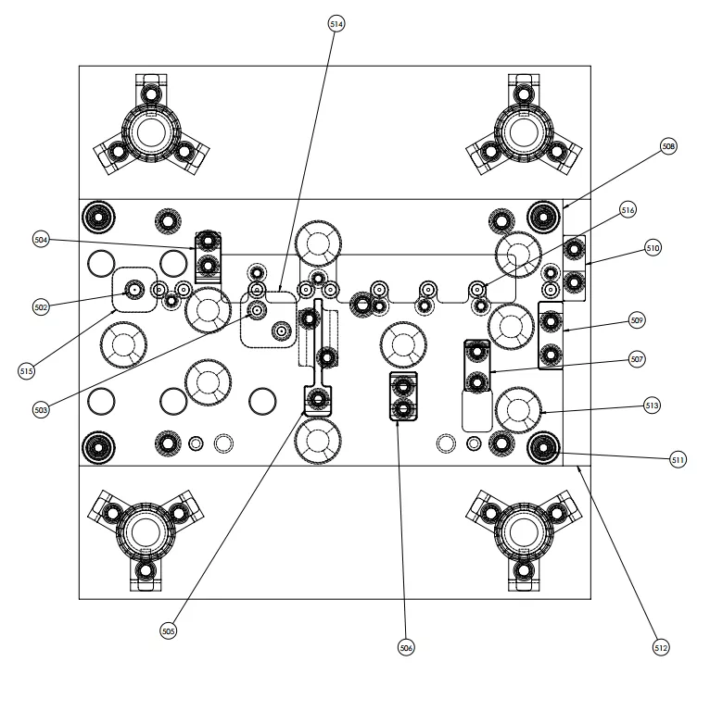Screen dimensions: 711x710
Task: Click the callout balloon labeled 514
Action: click(336, 24)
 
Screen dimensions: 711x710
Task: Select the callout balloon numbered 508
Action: click(668, 146)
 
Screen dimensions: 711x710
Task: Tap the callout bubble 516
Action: click(628, 211)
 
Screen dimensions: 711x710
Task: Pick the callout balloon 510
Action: click(653, 248)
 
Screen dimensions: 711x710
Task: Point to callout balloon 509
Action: click(637, 320)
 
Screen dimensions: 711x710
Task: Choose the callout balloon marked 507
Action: click(637, 358)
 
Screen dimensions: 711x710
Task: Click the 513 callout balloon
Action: click(652, 405)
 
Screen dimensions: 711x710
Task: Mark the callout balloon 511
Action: click(678, 459)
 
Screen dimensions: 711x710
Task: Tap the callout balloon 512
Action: click(660, 648)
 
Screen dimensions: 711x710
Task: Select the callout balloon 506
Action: click(406, 648)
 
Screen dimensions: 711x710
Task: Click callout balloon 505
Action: click(168, 631)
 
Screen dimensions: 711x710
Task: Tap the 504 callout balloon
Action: click(41, 241)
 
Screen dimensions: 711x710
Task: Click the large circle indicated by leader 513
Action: click(518, 408)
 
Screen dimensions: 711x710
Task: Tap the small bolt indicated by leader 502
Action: click(135, 290)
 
